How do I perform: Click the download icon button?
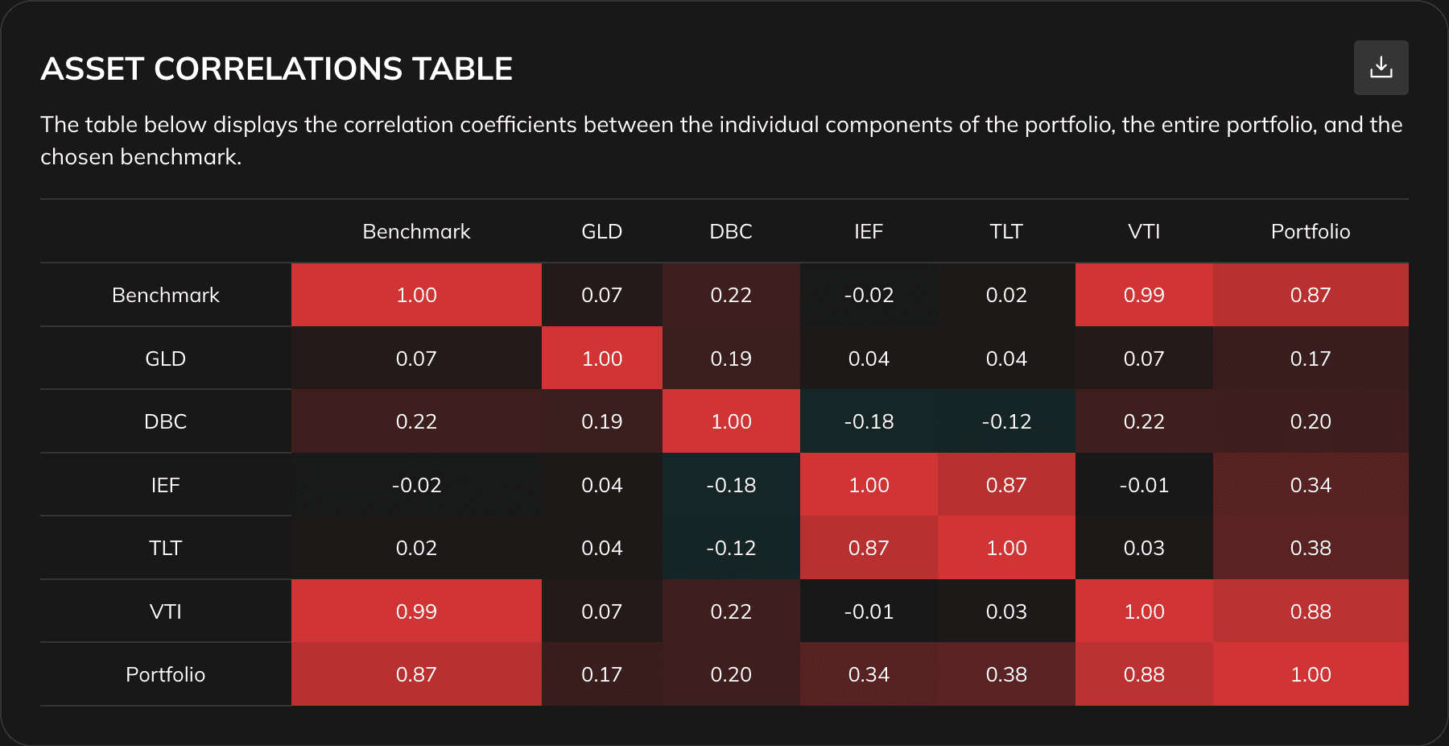[1381, 68]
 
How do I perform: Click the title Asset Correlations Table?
[276, 69]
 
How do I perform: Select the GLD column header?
[601, 232]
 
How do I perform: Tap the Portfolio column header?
[1310, 232]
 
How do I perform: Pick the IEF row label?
[165, 485]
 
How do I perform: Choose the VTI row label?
[165, 611]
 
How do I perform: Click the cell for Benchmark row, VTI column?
[1143, 295]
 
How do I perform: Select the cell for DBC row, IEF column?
[869, 421]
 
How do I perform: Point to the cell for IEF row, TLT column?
[1006, 485]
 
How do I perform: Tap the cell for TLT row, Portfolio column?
[1310, 548]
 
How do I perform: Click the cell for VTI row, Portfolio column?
[1310, 611]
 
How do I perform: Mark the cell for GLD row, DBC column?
[731, 358]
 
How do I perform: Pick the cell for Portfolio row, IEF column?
[869, 674]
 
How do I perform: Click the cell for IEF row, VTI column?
[1143, 485]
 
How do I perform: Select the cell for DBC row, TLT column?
[1006, 421]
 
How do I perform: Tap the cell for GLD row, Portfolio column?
[1310, 358]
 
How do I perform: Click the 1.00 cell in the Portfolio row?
[1310, 674]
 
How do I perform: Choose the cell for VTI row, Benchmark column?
[416, 611]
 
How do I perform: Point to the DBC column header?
[731, 232]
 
